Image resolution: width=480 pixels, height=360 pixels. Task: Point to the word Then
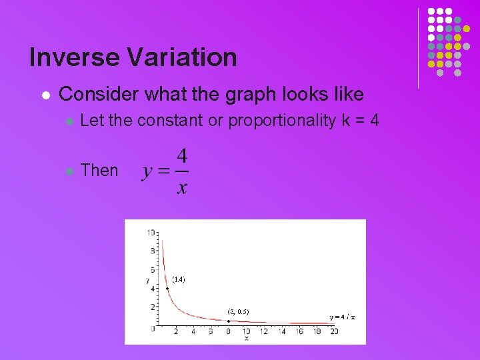99,171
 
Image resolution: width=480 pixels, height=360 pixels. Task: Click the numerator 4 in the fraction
181,159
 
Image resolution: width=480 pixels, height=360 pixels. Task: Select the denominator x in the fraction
181,187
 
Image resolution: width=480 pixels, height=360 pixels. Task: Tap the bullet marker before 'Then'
69,171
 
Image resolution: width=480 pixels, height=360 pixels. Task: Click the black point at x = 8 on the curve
229,321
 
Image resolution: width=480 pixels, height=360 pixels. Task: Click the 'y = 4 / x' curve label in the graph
341,317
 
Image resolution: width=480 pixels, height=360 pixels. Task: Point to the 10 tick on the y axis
151,232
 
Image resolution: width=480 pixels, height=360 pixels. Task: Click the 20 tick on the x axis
333,331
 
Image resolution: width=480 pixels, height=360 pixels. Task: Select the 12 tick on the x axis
263,331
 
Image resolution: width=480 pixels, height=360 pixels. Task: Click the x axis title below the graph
246,339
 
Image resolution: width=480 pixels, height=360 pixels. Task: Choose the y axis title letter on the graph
147,280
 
